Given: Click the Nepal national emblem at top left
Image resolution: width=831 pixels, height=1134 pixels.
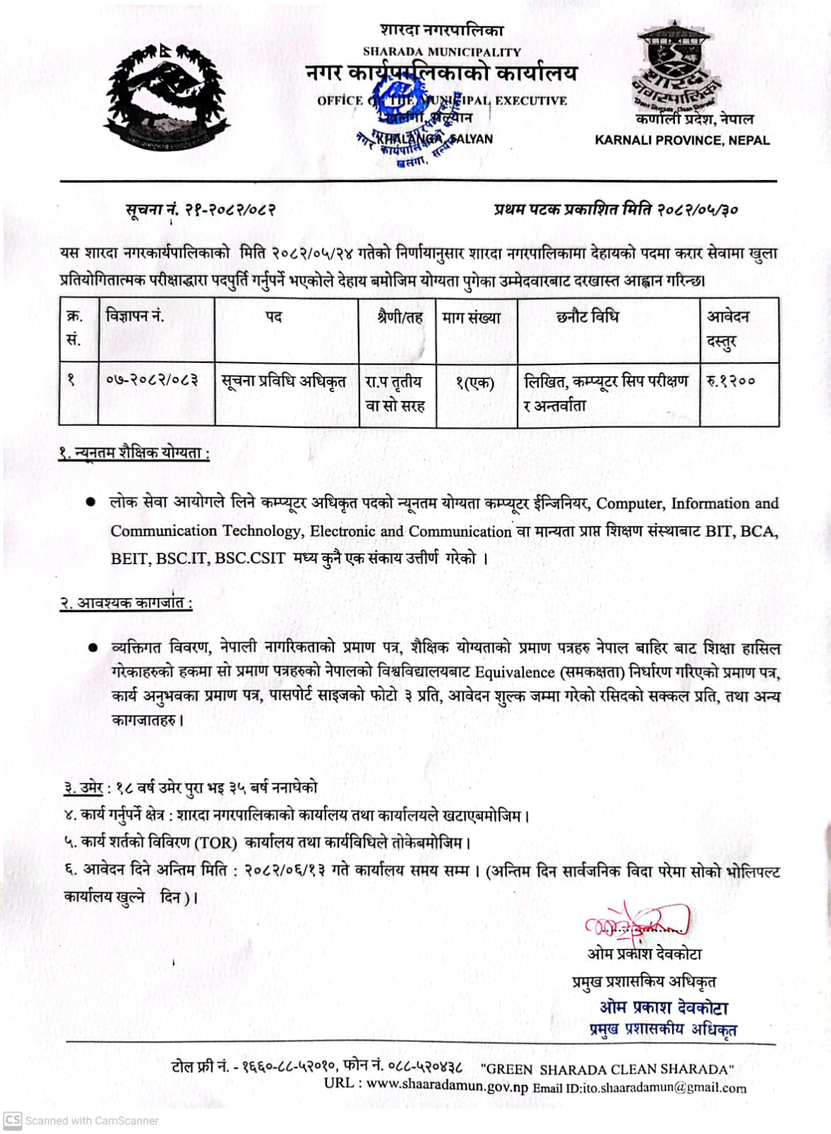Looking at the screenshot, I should [x=168, y=95].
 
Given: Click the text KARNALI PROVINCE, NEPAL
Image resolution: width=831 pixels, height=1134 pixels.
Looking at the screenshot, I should [x=682, y=140].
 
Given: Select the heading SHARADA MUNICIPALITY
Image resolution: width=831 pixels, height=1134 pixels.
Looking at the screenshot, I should [x=442, y=52].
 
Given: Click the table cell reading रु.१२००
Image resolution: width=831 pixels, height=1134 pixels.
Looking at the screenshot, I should [x=731, y=381].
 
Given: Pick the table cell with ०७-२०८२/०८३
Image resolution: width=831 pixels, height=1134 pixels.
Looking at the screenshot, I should [x=152, y=381].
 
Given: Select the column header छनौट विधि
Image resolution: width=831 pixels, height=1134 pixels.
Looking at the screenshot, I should [x=587, y=317].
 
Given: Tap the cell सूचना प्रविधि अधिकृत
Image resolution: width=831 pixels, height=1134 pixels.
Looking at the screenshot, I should [x=284, y=381].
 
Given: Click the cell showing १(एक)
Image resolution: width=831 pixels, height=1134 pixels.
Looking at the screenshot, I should [x=474, y=383].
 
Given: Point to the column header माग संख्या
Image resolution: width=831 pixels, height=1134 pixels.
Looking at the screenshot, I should [x=472, y=318].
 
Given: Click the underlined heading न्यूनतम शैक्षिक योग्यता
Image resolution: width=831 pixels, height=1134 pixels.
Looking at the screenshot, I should [x=135, y=452].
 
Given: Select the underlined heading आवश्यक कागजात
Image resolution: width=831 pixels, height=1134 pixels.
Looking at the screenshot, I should [x=126, y=603].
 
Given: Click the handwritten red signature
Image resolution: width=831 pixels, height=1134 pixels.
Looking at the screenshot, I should [x=635, y=922].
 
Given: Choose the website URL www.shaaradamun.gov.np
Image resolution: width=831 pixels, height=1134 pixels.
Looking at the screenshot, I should [x=447, y=1084].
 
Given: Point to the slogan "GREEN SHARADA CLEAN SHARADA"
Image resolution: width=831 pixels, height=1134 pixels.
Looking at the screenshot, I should [x=607, y=1069].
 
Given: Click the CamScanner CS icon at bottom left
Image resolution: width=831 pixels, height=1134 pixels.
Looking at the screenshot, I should [x=13, y=1120].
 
